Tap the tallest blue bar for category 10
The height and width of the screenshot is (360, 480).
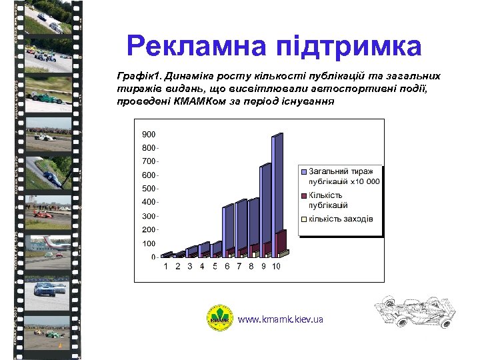[277, 193]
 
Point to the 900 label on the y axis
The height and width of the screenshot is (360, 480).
[148, 134]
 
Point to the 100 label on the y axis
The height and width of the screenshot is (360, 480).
[148, 243]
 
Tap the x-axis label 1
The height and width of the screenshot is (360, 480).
[166, 267]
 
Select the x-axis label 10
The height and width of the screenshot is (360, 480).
[276, 267]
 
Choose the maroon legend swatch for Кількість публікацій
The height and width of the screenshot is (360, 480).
[302, 195]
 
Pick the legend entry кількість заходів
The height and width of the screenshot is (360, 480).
[340, 219]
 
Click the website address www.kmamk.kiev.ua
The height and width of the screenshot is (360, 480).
[281, 319]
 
